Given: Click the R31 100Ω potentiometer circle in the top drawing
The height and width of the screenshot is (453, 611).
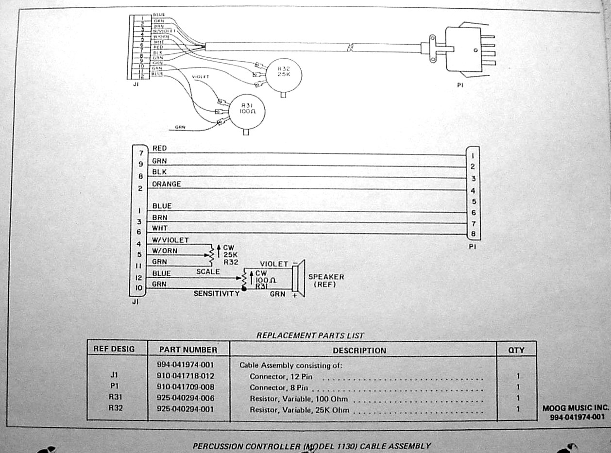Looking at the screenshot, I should tap(247, 112).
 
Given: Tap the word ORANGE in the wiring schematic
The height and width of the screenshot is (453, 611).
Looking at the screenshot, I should tap(166, 185).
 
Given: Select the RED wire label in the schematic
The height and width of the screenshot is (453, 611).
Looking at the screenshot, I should tap(159, 148).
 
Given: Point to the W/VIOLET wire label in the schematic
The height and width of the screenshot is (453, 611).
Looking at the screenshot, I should tap(170, 240).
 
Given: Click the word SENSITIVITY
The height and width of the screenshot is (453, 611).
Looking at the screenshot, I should tap(216, 293).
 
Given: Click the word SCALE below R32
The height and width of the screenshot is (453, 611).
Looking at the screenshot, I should tap(208, 272).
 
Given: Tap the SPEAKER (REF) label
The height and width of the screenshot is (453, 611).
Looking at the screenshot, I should tap(326, 280).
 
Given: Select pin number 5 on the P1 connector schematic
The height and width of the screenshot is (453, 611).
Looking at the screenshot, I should tap(474, 201).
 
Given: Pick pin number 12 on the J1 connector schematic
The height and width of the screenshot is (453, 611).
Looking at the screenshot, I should tap(138, 278).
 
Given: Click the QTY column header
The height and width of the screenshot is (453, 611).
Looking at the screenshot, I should tap(516, 350).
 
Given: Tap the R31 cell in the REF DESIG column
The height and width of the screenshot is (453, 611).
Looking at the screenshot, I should tap(115, 398).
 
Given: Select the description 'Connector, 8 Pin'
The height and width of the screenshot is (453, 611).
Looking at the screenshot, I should tap(279, 387).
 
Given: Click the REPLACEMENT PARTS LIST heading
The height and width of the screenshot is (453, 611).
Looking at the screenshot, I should tap(309, 335).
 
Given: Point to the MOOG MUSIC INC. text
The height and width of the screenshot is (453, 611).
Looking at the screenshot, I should tap(576, 408).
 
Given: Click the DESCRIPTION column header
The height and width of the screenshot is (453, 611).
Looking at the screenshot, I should tap(359, 350).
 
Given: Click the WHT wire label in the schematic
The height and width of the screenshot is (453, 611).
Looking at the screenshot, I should tap(159, 228).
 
